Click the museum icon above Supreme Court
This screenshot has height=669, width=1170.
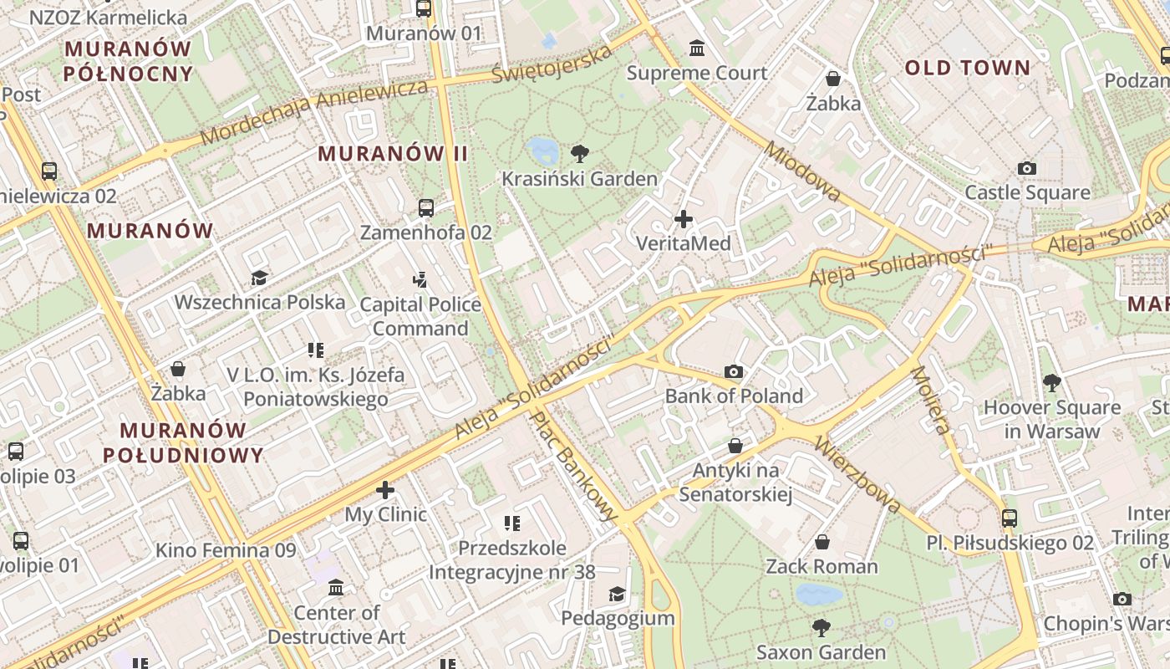[697, 48]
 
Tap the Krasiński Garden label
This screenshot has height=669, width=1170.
[579, 179]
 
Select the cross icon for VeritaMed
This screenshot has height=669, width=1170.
[684, 220]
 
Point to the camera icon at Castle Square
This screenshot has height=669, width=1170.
[1027, 168]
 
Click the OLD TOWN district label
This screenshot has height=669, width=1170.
[968, 69]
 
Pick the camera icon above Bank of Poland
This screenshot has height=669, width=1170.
[734, 372]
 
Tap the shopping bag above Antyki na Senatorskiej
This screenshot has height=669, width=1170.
[735, 446]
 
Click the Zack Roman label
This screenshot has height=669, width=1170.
[822, 567]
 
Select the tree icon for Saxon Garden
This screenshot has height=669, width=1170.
[822, 627]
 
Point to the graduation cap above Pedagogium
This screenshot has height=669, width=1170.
[617, 594]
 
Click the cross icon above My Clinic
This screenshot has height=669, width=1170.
[385, 489]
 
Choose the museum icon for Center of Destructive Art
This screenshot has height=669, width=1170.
[336, 588]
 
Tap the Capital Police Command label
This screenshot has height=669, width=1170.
[420, 316]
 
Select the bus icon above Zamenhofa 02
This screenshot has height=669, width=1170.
[426, 207]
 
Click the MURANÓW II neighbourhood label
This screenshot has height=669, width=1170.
[393, 154]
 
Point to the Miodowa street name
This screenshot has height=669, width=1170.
[802, 171]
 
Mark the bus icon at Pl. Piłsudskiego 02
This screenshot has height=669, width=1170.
[1010, 518]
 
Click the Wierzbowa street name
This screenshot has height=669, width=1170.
[858, 473]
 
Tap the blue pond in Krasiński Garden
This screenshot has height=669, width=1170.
[543, 151]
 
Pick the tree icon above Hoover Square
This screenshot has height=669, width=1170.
[1051, 382]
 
